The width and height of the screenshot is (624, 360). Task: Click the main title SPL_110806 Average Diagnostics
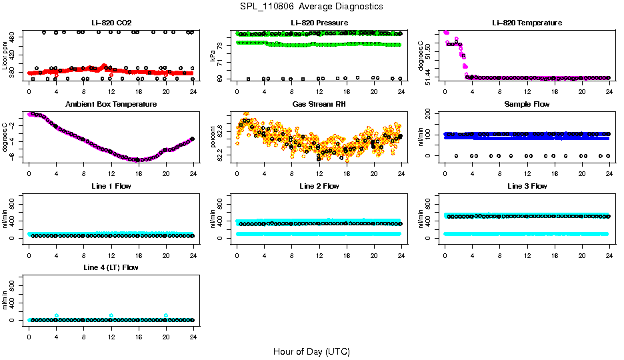tap(311, 6)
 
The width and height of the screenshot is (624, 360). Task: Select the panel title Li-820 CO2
tap(111, 23)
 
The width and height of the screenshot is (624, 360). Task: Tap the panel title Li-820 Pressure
tap(319, 23)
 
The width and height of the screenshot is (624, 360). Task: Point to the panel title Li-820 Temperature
tap(527, 23)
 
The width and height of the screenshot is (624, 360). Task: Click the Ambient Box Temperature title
tap(111, 105)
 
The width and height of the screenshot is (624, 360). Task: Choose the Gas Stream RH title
tap(319, 105)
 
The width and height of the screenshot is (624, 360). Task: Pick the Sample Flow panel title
tap(527, 105)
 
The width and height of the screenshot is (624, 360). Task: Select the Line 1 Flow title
tap(111, 186)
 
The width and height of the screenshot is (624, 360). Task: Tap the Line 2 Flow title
tap(319, 186)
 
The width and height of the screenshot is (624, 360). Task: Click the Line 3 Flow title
tap(527, 186)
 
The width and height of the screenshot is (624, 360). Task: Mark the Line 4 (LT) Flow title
tap(111, 267)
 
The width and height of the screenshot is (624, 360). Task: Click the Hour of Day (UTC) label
tap(311, 351)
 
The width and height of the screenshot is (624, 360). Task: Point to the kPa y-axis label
tap(213, 55)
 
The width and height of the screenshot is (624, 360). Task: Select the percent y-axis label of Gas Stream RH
tap(213, 137)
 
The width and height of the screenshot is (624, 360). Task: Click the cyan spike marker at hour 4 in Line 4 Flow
tap(57, 315)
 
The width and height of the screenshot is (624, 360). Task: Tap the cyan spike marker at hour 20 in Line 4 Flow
tap(166, 315)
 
